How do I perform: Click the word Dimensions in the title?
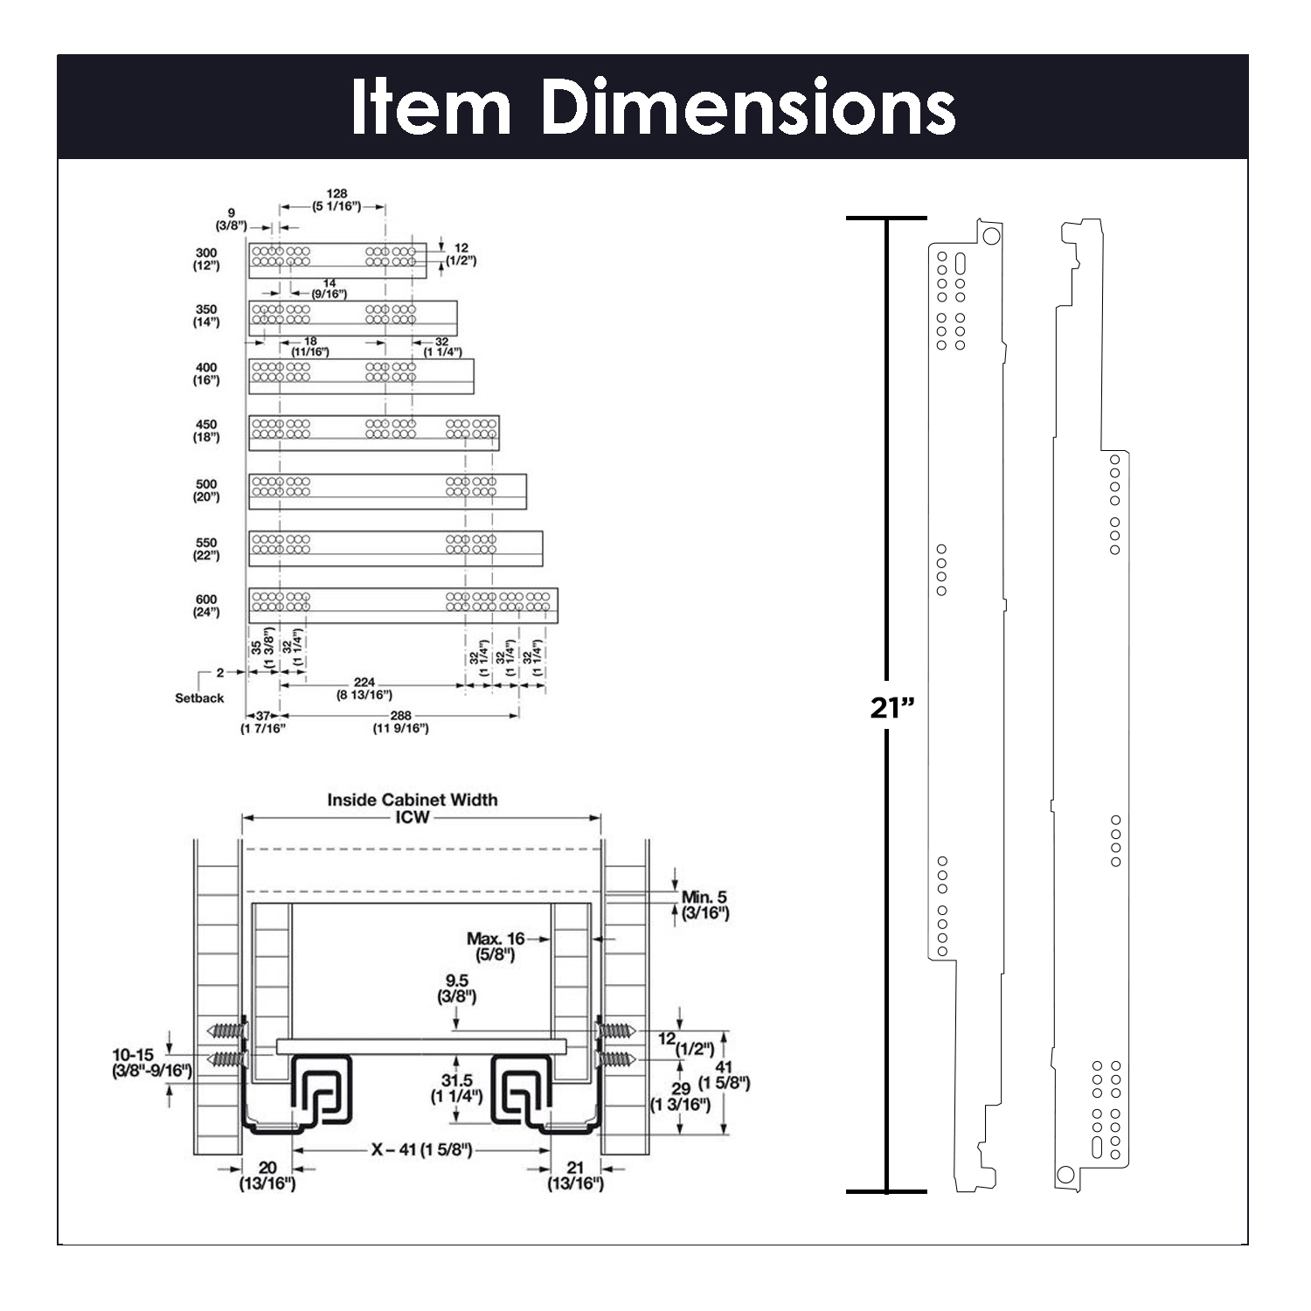748,107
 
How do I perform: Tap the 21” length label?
891,707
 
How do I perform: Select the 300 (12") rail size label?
206,260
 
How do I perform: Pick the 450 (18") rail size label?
206,431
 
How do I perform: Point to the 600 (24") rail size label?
206,606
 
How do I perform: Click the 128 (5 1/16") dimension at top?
336,200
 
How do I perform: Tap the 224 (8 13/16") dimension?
364,689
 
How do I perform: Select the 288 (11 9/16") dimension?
400,722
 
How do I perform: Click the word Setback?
199,698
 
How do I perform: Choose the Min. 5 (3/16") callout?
704,905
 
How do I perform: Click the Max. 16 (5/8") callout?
496,947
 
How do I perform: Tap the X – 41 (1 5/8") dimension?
422,1150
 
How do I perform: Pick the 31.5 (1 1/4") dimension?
456,1088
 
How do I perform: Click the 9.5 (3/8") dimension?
456,988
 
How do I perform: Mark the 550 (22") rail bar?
395,548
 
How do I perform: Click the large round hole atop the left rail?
990,236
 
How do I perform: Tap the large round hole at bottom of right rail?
1065,1174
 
